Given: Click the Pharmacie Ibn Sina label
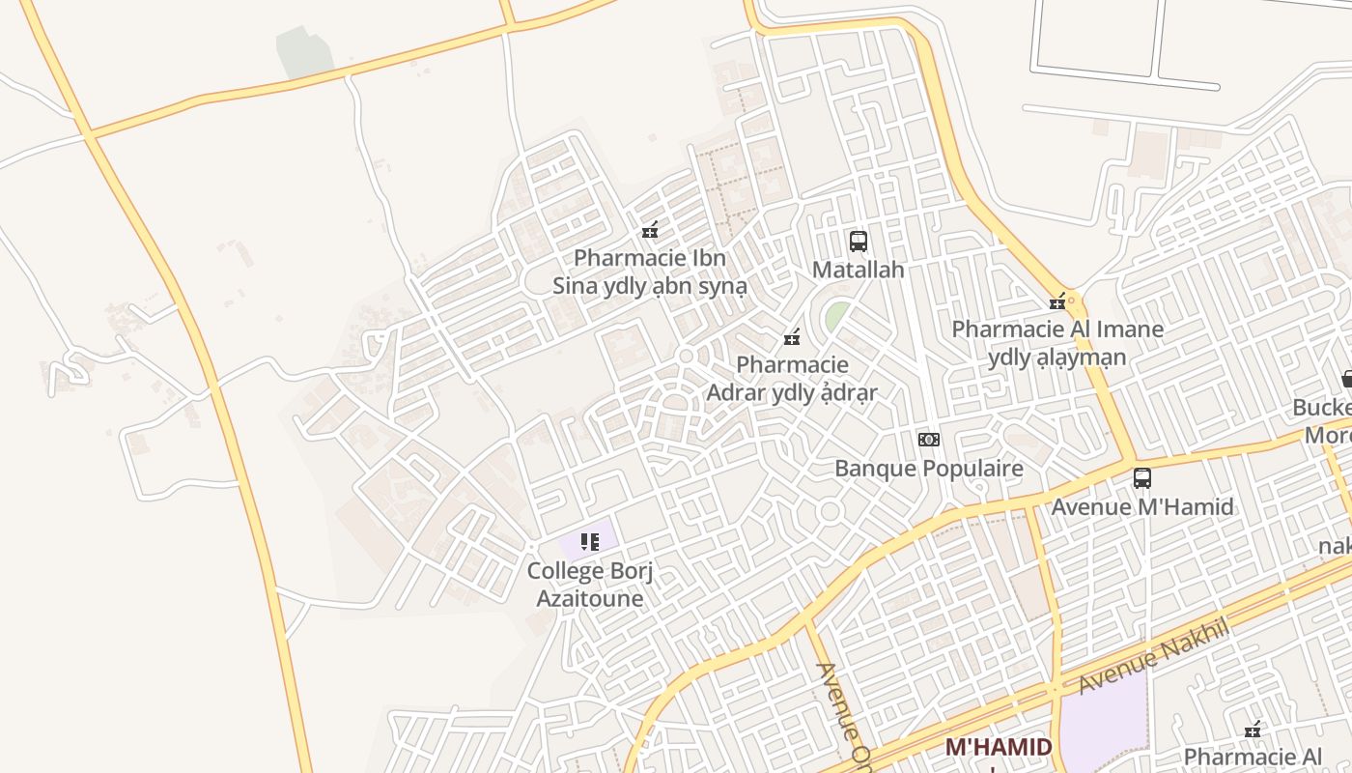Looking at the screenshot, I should click(649, 272).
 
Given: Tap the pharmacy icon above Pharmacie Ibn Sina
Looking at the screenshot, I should click(650, 230).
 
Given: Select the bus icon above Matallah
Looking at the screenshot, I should click(858, 241).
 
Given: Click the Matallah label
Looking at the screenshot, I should click(858, 270).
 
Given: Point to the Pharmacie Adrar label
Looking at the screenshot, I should click(792, 379).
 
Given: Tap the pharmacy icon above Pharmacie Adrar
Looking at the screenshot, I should click(792, 337).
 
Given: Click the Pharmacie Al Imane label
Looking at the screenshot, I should click(1057, 343).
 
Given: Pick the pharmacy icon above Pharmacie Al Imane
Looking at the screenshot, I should click(1057, 301).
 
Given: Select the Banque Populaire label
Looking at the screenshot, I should click(928, 469).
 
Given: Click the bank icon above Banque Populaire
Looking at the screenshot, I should click(928, 440).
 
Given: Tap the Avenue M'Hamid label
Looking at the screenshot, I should click(1142, 506).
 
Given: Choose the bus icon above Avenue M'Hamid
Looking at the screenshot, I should click(1142, 477).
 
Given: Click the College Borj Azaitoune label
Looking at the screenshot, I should click(590, 585).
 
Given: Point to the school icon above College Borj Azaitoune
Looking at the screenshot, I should click(590, 542).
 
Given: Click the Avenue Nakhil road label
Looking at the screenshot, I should click(1153, 656).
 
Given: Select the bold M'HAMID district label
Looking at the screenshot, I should click(998, 747).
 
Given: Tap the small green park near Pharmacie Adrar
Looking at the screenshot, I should click(837, 315).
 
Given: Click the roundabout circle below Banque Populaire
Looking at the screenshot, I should click(830, 511).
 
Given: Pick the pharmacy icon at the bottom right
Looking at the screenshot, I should click(1253, 730).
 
